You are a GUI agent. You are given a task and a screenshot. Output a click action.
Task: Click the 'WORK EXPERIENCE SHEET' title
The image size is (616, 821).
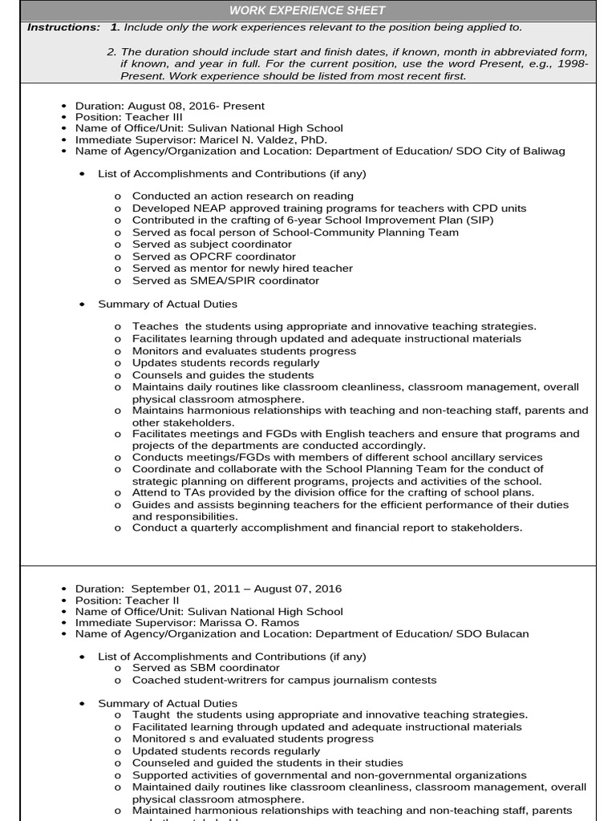(x=307, y=10)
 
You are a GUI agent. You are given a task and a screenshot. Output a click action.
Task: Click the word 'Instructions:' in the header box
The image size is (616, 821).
(x=63, y=27)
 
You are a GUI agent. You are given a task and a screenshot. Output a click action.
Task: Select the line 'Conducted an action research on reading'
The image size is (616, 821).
(x=242, y=196)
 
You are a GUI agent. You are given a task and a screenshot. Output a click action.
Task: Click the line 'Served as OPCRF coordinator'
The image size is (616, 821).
(x=213, y=257)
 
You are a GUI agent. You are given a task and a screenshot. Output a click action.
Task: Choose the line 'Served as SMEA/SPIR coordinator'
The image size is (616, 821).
(x=225, y=281)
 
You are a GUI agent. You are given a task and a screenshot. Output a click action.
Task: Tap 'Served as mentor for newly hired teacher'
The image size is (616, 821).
(x=242, y=269)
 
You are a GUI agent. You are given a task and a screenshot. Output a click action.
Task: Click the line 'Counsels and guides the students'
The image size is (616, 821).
(x=223, y=375)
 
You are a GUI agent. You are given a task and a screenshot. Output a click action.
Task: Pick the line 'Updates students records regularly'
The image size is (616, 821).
(x=225, y=363)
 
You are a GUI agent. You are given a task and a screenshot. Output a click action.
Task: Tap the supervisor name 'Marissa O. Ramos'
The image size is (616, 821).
(x=250, y=622)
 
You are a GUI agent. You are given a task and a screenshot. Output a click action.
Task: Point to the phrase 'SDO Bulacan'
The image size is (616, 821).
(x=492, y=634)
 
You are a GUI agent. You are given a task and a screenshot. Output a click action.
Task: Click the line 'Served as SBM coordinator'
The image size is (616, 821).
(x=206, y=668)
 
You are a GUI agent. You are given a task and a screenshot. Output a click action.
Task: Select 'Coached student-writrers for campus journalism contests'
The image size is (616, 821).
(x=284, y=680)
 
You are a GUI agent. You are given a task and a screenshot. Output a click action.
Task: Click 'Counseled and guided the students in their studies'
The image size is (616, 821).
(x=267, y=763)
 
